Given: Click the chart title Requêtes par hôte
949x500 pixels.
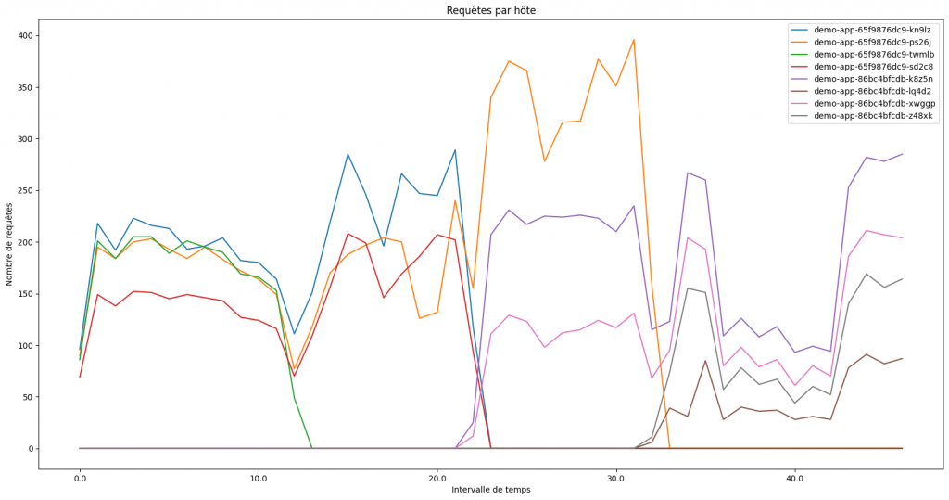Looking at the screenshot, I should (x=490, y=10).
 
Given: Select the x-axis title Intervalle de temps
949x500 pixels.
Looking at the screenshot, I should (x=490, y=489).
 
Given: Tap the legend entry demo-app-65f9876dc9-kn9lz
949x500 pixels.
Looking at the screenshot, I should (x=874, y=31).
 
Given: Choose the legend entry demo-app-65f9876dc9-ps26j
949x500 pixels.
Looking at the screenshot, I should (x=874, y=43).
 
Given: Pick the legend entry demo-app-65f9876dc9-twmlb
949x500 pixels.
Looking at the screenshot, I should (x=874, y=55).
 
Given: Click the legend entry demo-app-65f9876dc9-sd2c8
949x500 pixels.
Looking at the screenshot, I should (x=874, y=67).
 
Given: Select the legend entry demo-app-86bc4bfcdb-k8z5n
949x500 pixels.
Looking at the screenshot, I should (x=874, y=79).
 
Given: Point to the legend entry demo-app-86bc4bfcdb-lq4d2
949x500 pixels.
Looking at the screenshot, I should (x=874, y=91).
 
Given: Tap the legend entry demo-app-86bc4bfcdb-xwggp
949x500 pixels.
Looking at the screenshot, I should (x=874, y=103).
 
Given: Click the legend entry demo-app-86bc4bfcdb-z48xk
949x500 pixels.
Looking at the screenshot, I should (x=874, y=115).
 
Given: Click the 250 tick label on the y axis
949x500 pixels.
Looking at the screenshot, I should (x=24, y=191).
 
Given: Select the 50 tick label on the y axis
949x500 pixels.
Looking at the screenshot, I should (x=27, y=397).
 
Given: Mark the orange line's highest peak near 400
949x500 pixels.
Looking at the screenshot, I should (x=634, y=40).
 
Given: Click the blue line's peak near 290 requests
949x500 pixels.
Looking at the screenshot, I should (x=455, y=150).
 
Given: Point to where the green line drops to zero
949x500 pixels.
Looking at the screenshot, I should (x=312, y=448).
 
